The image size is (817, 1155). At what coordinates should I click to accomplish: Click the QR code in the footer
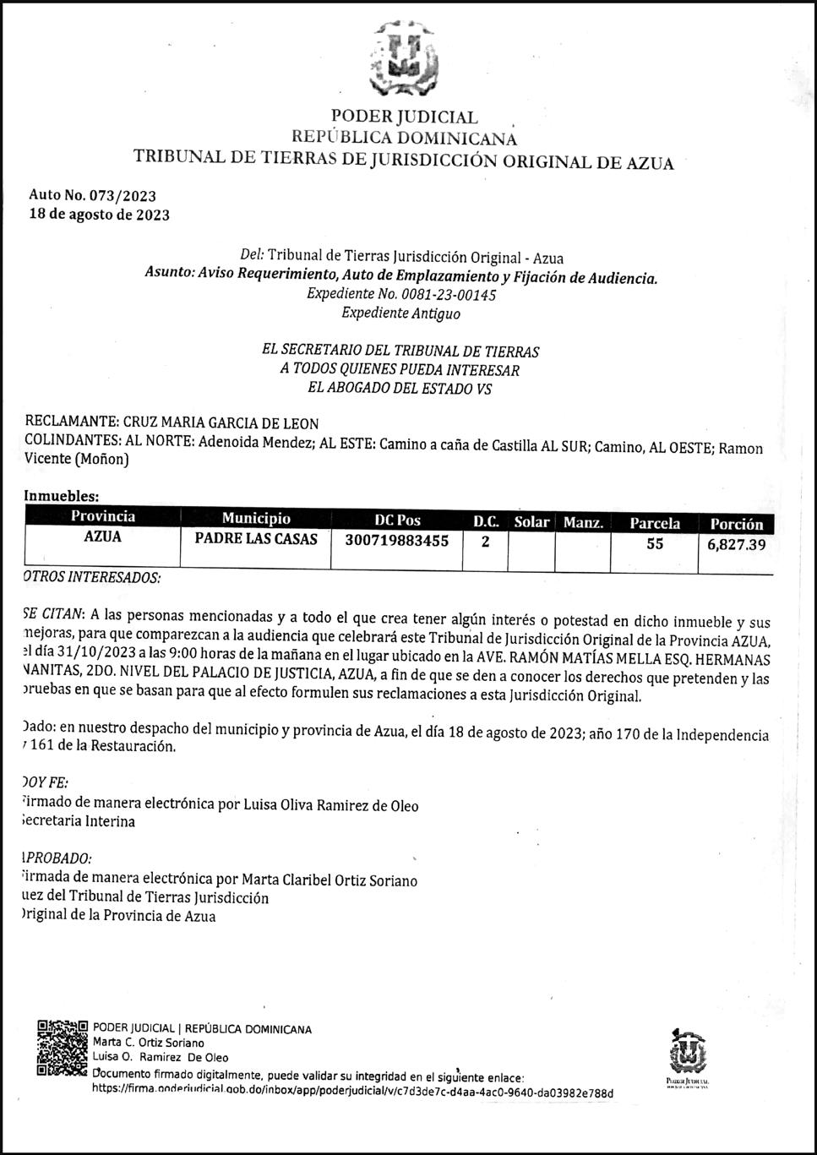63,1049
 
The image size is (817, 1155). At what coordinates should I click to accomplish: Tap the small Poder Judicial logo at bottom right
687,1057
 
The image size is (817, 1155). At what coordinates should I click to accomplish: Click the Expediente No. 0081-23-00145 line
400,295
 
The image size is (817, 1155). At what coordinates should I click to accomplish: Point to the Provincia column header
103,517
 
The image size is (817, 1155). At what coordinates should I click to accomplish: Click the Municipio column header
256,519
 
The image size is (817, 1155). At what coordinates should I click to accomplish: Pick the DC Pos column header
397,520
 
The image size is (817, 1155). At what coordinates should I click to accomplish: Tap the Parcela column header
655,523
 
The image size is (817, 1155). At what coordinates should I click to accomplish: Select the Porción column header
736,524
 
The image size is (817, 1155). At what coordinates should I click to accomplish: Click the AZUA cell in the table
103,537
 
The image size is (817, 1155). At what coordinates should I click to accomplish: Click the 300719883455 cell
397,541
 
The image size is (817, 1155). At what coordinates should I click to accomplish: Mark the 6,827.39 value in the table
736,545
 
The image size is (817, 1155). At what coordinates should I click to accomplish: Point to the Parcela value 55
655,544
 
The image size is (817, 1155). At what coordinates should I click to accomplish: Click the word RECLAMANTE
71,422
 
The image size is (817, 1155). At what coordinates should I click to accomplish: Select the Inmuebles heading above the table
62,497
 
